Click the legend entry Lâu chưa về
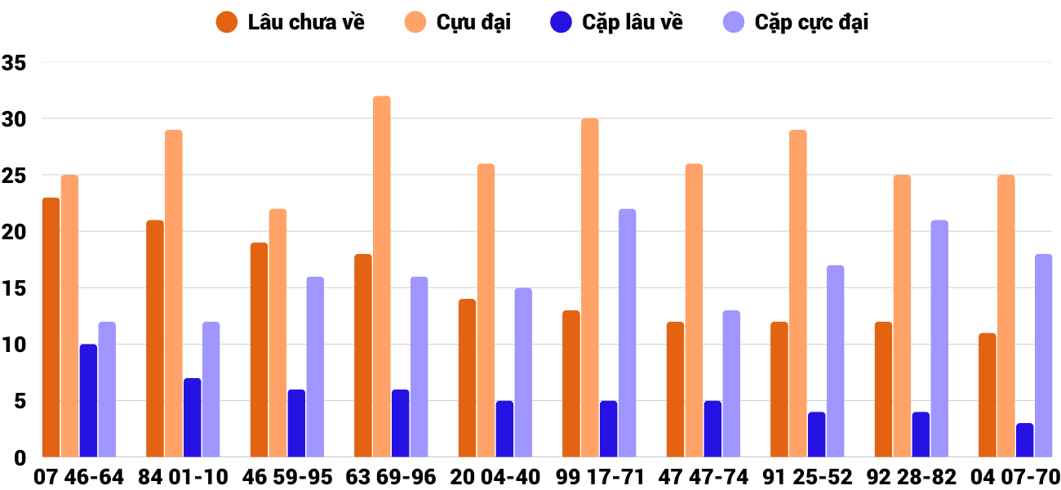tap(290, 22)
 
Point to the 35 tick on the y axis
tap(15, 63)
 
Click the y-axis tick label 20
tap(15, 232)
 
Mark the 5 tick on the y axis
tap(20, 401)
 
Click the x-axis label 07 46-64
tap(79, 477)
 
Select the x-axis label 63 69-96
tap(391, 477)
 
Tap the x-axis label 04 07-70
tap(1014, 477)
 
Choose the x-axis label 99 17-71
tap(599, 477)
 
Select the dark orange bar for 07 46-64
tap(51, 327)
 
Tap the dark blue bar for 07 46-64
tap(88, 400)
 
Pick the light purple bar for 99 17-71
tap(627, 332)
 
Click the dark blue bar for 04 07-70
tap(1024, 440)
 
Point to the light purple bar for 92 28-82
tap(939, 338)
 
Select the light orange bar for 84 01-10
tap(174, 293)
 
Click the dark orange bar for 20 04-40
tap(467, 378)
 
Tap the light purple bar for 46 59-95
tap(315, 367)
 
